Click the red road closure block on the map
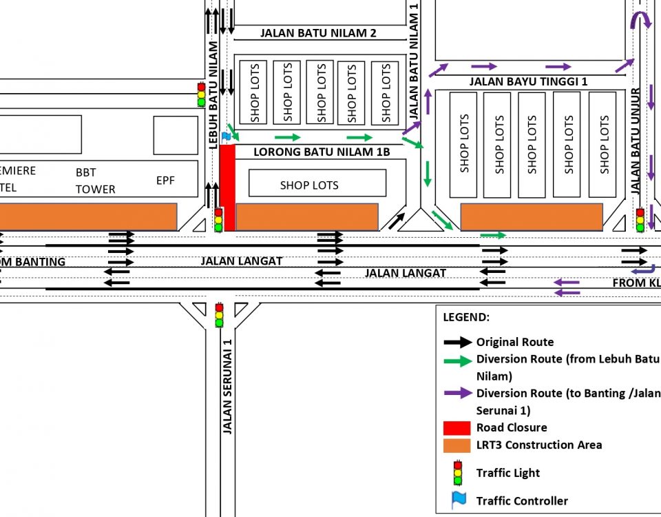click(x=227, y=187)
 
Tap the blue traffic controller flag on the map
click(x=226, y=136)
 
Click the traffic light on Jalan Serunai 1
click(x=219, y=315)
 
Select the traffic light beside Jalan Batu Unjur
click(x=640, y=220)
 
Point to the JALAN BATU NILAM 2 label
click(x=318, y=33)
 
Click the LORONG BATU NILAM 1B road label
click(x=322, y=152)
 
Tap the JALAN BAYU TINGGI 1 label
click(x=528, y=81)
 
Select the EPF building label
click(x=165, y=181)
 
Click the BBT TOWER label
click(x=95, y=181)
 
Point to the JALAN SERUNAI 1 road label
click(x=227, y=387)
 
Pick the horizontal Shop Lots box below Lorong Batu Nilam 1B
click(x=317, y=183)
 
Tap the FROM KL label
click(x=636, y=283)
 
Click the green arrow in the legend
click(x=458, y=361)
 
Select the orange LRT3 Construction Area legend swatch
click(x=457, y=446)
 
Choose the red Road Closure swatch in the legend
click(x=457, y=428)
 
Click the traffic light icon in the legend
click(x=458, y=473)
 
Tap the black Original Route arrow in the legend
click(x=458, y=342)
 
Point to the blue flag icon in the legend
click(x=459, y=500)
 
